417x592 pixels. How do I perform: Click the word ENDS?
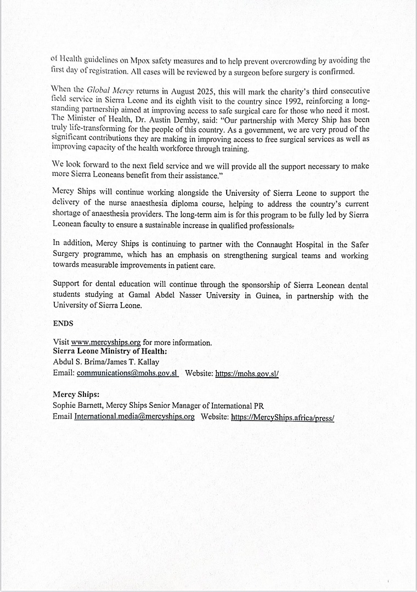[63, 323]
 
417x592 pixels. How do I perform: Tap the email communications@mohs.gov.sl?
[127, 373]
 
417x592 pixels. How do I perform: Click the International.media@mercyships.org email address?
[134, 417]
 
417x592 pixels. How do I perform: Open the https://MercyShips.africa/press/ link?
[283, 417]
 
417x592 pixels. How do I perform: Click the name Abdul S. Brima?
[76, 362]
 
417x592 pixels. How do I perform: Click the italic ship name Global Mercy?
[110, 90]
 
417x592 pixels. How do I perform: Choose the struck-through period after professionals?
[295, 226]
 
